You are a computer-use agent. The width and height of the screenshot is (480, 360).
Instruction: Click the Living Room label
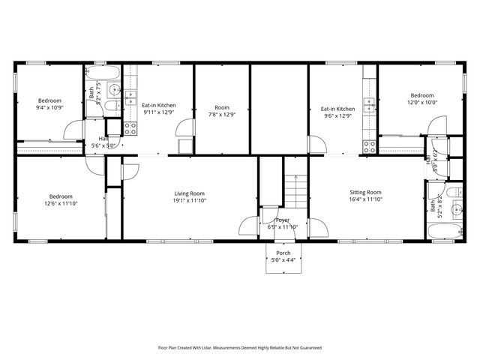(189, 193)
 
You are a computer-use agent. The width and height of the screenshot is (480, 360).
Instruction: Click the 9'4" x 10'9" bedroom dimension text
(49, 107)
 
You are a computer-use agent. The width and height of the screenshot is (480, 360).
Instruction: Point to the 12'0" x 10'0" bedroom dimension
(421, 103)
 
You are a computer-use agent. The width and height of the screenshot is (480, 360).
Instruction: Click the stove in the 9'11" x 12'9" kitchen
(130, 128)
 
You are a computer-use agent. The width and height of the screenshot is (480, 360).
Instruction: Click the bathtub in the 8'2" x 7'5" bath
(101, 73)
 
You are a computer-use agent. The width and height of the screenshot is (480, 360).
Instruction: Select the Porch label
(283, 253)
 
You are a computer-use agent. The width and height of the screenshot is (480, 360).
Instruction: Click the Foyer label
(283, 220)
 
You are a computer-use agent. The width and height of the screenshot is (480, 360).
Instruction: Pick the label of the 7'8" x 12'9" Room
(222, 107)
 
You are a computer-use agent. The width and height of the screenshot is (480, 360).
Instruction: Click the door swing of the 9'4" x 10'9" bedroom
(71, 133)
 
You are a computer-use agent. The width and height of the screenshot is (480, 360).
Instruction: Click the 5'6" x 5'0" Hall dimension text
(103, 145)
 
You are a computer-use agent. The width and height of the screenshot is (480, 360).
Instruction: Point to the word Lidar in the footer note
(222, 348)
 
